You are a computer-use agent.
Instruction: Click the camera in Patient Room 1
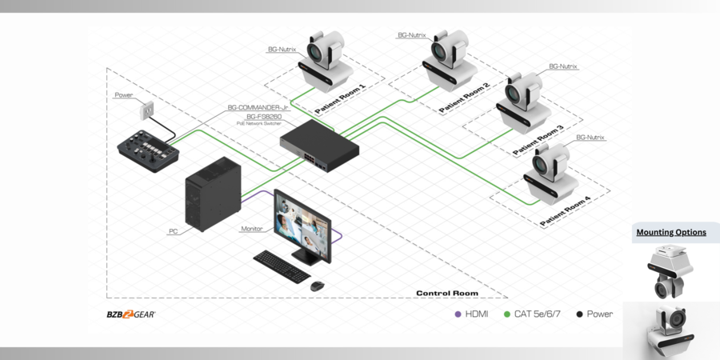pos(324,58)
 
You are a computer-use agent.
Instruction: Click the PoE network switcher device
pos(318,144)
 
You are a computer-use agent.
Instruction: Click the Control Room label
pos(447,294)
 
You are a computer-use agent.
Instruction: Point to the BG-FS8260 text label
pos(253,117)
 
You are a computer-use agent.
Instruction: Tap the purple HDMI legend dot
pos(458,314)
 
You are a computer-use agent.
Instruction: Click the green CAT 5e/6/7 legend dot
pos(507,314)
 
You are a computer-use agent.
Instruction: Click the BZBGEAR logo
pos(131,314)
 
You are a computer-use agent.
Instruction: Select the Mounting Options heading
pos(671,232)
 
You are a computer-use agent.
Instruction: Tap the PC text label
pos(173,231)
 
